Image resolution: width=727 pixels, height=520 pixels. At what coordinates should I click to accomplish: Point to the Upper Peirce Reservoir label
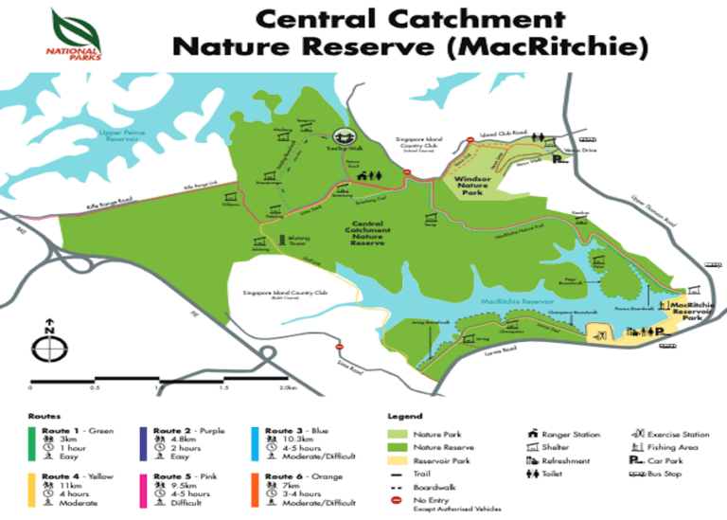tap(124, 136)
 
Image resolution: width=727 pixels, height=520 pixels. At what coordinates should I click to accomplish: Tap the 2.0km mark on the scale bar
tap(286, 388)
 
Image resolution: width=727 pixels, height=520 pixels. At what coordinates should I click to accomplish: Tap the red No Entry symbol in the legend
tap(396, 498)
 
